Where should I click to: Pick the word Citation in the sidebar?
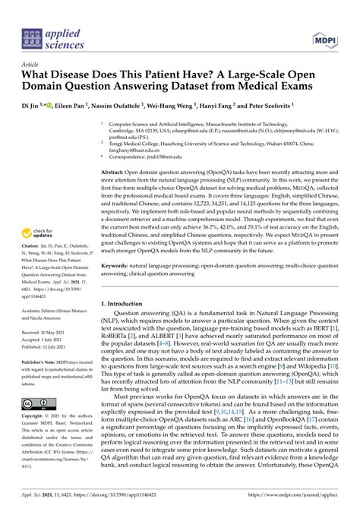point(32,258)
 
